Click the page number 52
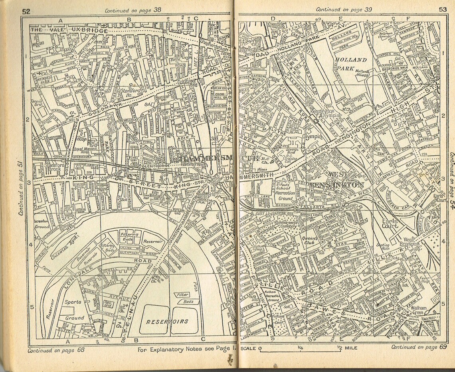click(26, 11)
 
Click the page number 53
click(443, 10)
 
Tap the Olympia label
click(313, 136)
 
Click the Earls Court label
click(390, 222)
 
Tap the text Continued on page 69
click(418, 347)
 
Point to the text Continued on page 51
click(20, 188)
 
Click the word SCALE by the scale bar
click(248, 348)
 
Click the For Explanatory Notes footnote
click(187, 350)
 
